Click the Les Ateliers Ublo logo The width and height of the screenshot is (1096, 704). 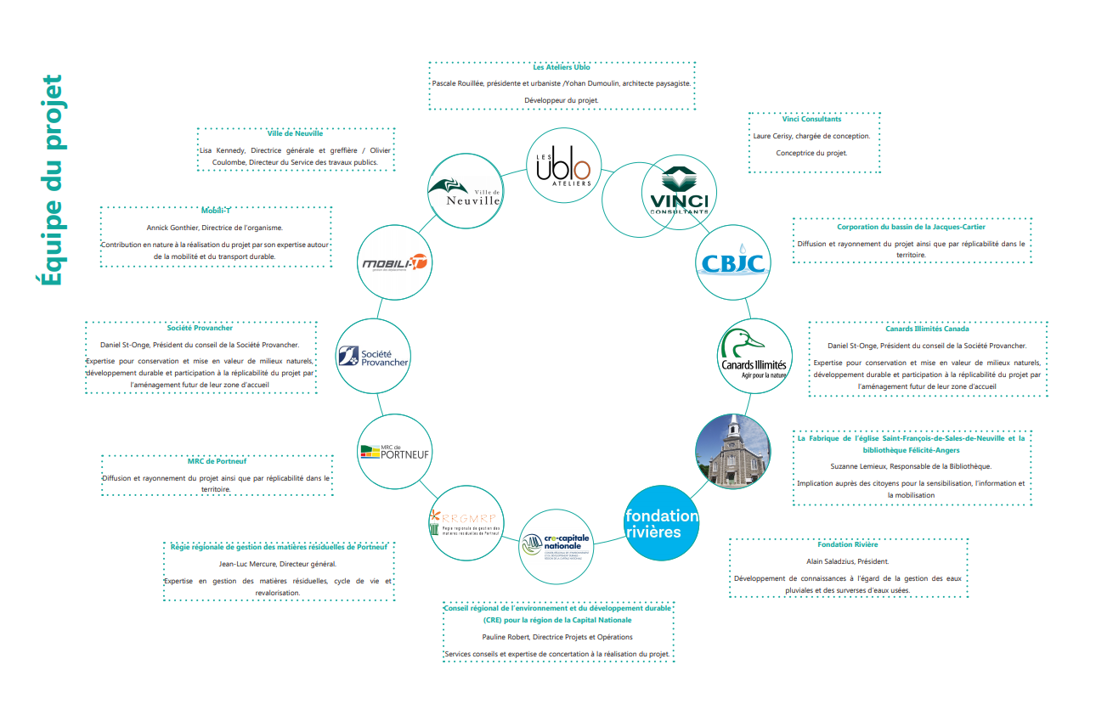pos(564,165)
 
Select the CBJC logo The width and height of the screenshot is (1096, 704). pos(733,262)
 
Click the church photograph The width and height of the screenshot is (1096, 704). pos(732,451)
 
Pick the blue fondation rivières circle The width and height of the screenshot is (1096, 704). pos(662,523)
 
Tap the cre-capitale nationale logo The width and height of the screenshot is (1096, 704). pos(557,543)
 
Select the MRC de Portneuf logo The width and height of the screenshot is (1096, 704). pos(394,451)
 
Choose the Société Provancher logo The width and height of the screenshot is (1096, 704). pos(373,358)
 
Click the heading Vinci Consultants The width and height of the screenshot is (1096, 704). pos(811,120)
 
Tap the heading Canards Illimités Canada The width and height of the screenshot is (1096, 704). pos(926,329)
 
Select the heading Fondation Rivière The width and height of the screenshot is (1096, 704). pos(847,544)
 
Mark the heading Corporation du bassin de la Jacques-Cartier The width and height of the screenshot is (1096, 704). pos(911,227)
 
